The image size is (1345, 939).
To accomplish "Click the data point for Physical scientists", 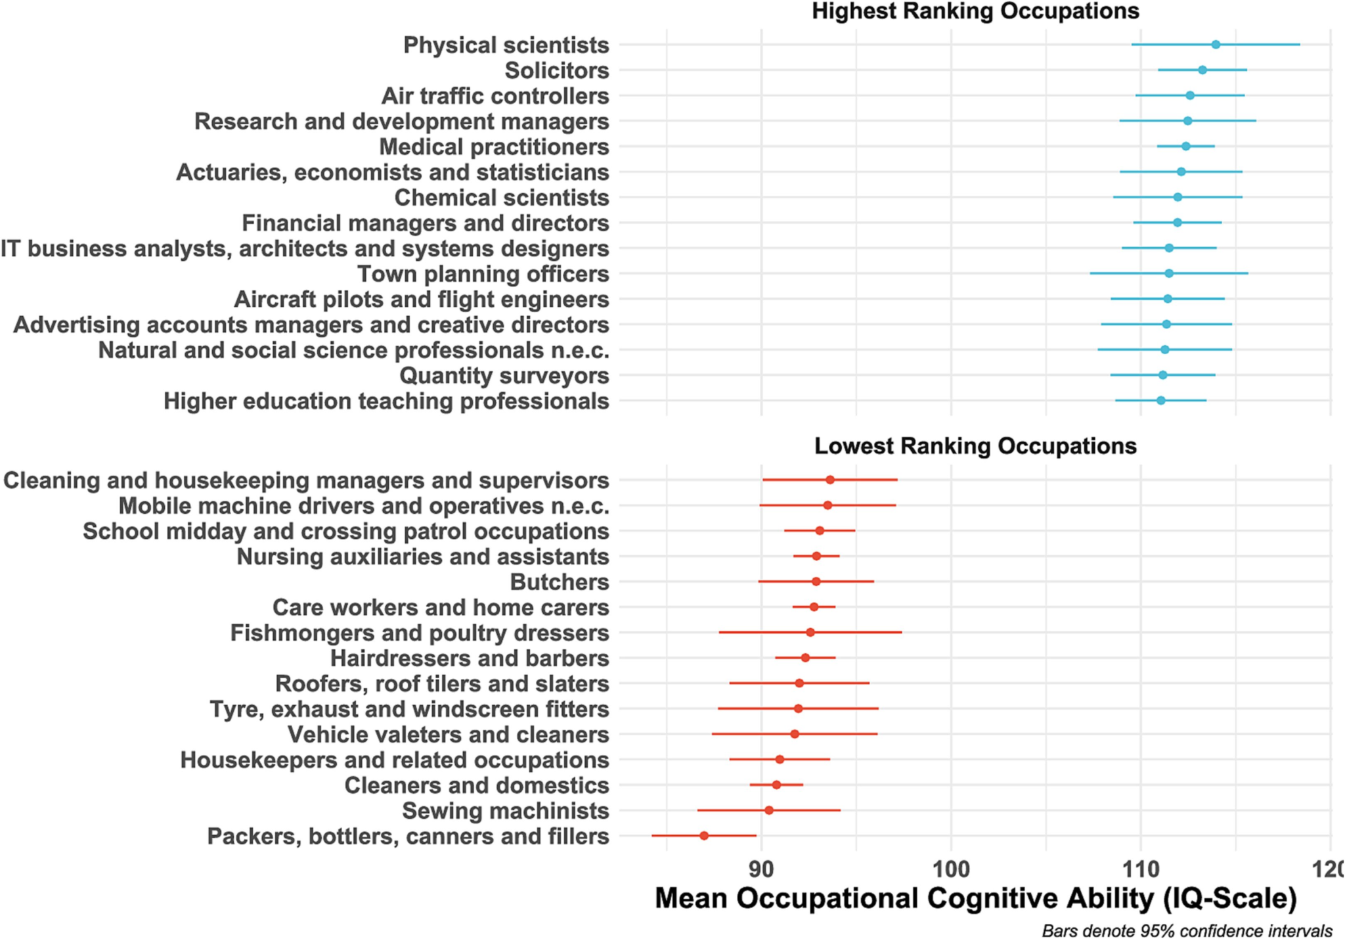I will coord(1216,45).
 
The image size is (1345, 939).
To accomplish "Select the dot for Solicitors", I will coord(1202,70).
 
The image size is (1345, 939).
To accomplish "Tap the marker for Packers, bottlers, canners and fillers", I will coord(704,836).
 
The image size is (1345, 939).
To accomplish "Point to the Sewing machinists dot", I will coord(769,810).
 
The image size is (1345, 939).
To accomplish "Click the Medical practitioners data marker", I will coord(1185,147).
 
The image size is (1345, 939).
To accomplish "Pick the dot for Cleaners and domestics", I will coord(776,785).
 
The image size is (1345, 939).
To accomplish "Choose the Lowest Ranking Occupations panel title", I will coord(975,446).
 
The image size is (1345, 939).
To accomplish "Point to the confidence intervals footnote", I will coord(1187,930).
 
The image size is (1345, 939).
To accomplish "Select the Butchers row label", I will coord(560,582).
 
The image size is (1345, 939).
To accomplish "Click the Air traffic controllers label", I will coord(495,96).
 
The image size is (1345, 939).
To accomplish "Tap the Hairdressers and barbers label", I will coord(470,658).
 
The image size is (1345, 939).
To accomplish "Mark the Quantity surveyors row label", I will coord(504,376).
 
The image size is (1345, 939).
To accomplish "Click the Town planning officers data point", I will coord(1169,273).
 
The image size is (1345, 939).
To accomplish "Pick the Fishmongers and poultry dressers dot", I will coord(810,632).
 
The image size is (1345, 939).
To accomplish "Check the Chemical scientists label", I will coord(502,198).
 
